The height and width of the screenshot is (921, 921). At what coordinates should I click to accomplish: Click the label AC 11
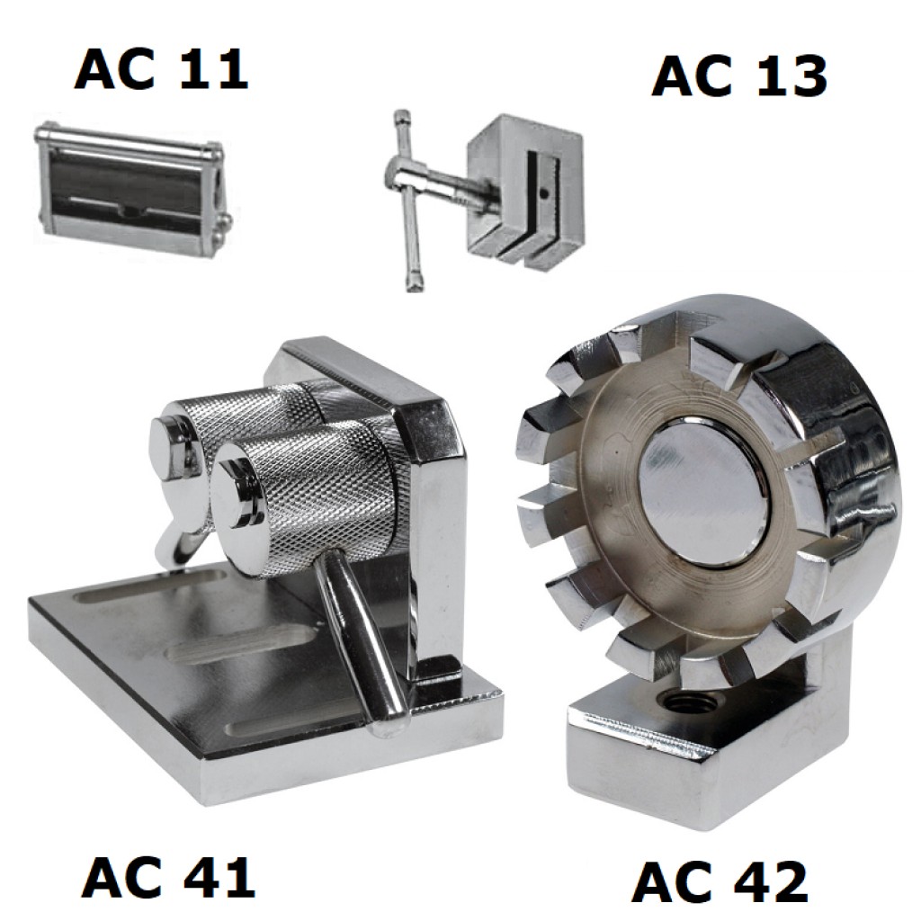point(161,69)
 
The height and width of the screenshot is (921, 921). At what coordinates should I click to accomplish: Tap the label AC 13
point(739,76)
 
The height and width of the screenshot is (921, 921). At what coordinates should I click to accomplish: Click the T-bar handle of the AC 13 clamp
point(409,200)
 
